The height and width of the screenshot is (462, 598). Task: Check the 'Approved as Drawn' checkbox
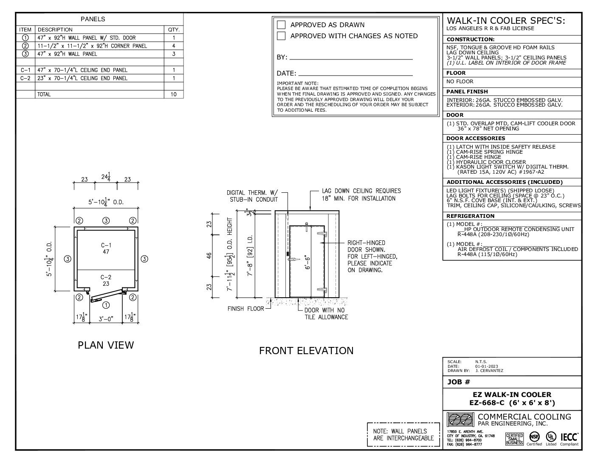pos(281,25)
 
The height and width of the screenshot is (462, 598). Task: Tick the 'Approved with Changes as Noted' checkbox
pos(281,36)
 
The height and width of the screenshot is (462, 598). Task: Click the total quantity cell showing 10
pos(174,94)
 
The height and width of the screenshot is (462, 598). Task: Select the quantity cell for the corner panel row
pos(174,46)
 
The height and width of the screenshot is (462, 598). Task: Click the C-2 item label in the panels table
pos(25,78)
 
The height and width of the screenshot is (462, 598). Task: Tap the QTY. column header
pos(174,30)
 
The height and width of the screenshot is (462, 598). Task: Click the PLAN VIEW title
pos(106,345)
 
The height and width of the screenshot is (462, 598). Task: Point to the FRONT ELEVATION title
pos(306,351)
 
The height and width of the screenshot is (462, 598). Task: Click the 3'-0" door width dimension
pos(106,319)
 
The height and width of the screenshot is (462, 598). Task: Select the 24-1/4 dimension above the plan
pos(106,177)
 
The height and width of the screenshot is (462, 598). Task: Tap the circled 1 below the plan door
pos(106,304)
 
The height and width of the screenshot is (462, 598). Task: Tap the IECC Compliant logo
pos(569,439)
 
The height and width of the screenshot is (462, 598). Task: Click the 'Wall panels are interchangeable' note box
pos(403,434)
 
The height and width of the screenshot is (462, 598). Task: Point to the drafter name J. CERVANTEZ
pos(489,371)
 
